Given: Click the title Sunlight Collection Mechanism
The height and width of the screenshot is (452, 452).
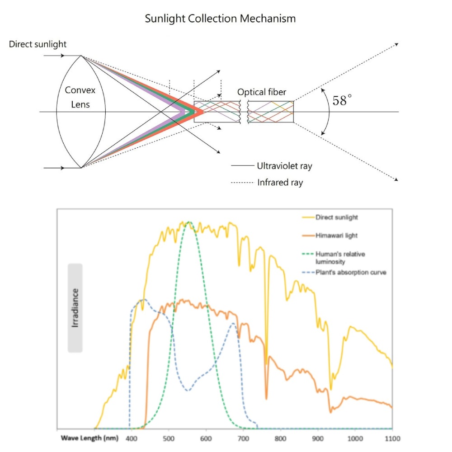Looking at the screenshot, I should (x=220, y=19).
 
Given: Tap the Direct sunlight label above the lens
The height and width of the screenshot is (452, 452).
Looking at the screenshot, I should (x=38, y=44).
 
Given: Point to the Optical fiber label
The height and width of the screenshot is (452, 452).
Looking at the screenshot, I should (x=262, y=92).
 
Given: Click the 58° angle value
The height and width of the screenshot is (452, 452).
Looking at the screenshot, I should (x=342, y=101).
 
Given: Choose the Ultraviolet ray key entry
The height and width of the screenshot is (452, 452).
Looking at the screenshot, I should (x=284, y=166).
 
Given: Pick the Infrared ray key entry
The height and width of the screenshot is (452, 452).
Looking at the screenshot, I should (x=280, y=183).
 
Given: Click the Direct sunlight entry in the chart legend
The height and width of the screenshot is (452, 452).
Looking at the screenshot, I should (x=336, y=217).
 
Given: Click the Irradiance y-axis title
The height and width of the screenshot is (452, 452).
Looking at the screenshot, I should (x=75, y=308).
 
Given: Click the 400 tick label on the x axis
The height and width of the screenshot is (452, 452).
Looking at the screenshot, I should (x=132, y=438).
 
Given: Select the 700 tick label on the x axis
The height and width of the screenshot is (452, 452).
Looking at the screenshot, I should (x=243, y=438).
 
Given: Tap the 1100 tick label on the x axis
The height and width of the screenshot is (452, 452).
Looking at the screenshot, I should (x=392, y=438).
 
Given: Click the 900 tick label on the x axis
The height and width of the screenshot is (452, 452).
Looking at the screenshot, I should (x=318, y=438).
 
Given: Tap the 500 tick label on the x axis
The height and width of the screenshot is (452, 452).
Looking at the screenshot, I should (x=169, y=438).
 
